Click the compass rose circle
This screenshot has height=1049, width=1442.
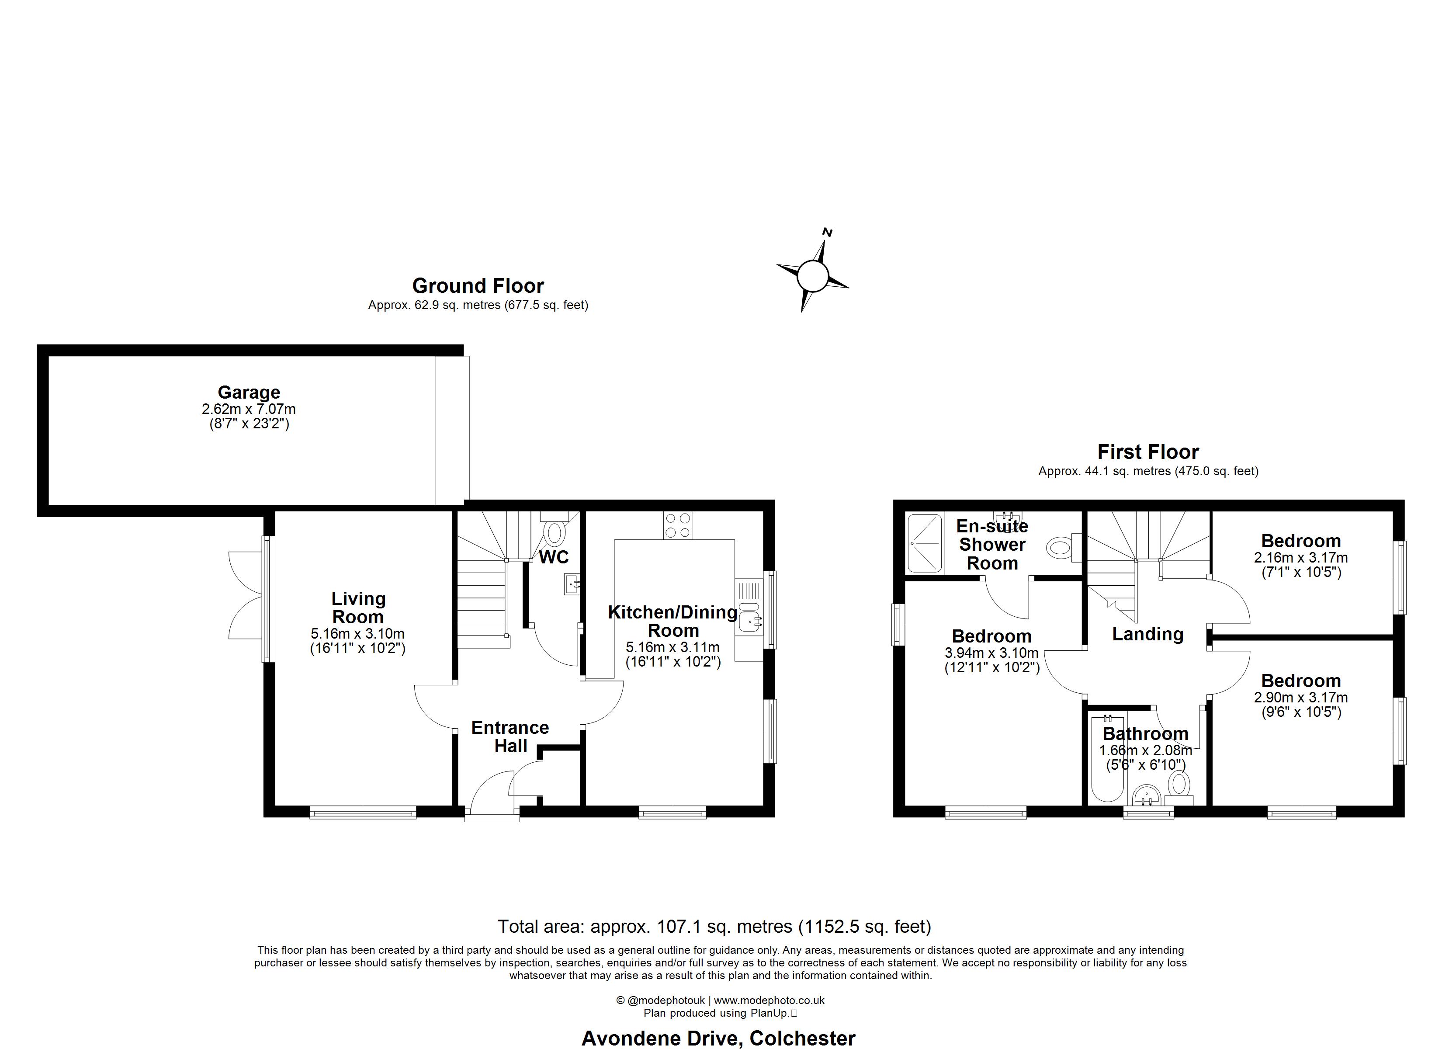point(813,275)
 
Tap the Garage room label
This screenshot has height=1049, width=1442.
point(249,393)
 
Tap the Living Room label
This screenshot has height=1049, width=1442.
point(358,608)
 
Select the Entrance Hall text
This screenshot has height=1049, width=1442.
point(510,736)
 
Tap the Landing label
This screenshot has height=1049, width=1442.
point(1147,634)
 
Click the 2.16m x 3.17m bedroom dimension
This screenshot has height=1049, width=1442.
point(1301,558)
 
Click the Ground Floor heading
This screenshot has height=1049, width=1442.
point(478,285)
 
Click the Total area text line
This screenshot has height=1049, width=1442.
point(714,926)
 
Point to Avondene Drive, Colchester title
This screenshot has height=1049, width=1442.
point(718,1038)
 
